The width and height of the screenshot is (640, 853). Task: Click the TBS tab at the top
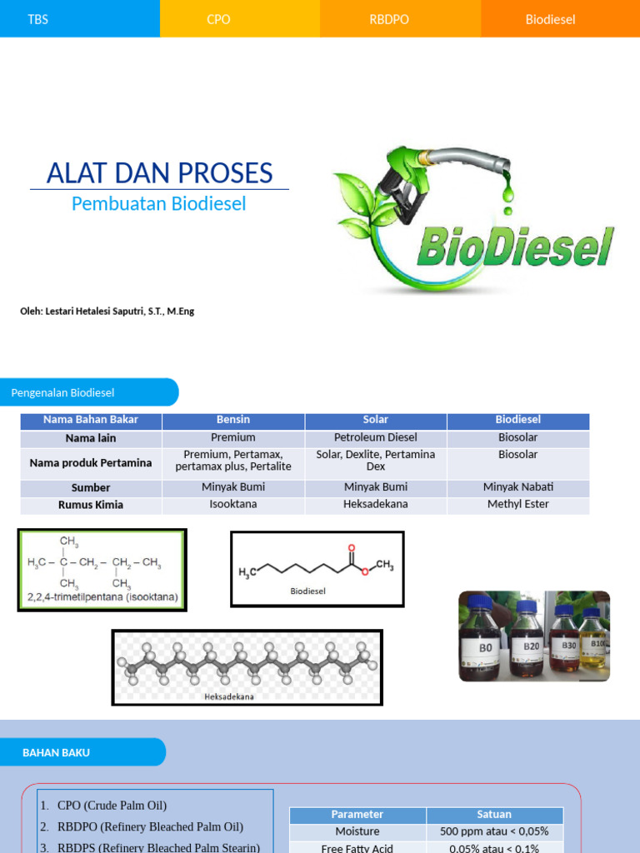coord(38,19)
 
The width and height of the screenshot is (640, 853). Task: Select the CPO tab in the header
coord(218,19)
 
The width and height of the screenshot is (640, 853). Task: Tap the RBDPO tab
coord(389,19)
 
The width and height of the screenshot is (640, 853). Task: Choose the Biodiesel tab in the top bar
coord(550,19)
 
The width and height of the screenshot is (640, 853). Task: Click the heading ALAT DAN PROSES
coord(160,173)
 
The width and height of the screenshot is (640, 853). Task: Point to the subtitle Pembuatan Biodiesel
coord(158,203)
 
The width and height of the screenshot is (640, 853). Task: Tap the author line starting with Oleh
coord(107,311)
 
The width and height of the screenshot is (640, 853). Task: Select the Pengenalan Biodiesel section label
coord(63,392)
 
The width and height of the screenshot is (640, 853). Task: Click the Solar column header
coord(376,420)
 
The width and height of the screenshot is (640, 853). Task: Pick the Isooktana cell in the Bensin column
coord(233,504)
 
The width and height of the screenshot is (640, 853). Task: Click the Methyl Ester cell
coord(518,504)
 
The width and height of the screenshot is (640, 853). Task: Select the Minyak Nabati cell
coord(518,487)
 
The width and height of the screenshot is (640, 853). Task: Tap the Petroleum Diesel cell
coord(376,437)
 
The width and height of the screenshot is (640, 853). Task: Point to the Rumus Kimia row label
coord(91,505)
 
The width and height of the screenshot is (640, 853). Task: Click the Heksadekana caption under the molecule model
coord(229,696)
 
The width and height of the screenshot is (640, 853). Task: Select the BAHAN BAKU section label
coord(56,752)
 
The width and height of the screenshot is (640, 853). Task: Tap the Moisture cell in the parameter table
coord(357,831)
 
